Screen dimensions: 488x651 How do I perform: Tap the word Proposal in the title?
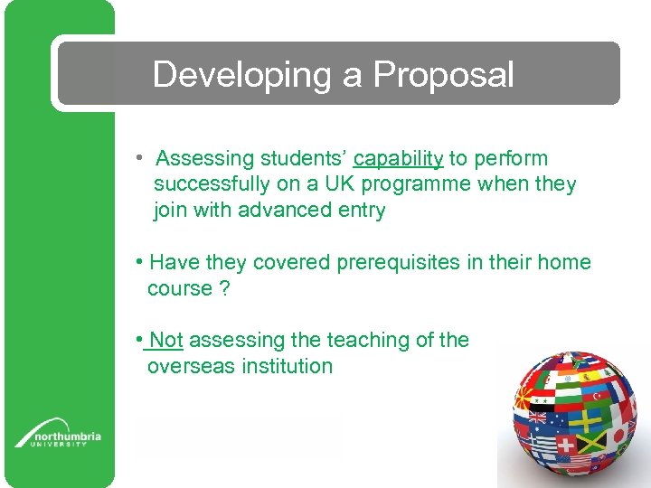point(443,75)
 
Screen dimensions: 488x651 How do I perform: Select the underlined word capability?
point(398,159)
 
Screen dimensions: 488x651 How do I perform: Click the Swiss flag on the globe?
point(565,446)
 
